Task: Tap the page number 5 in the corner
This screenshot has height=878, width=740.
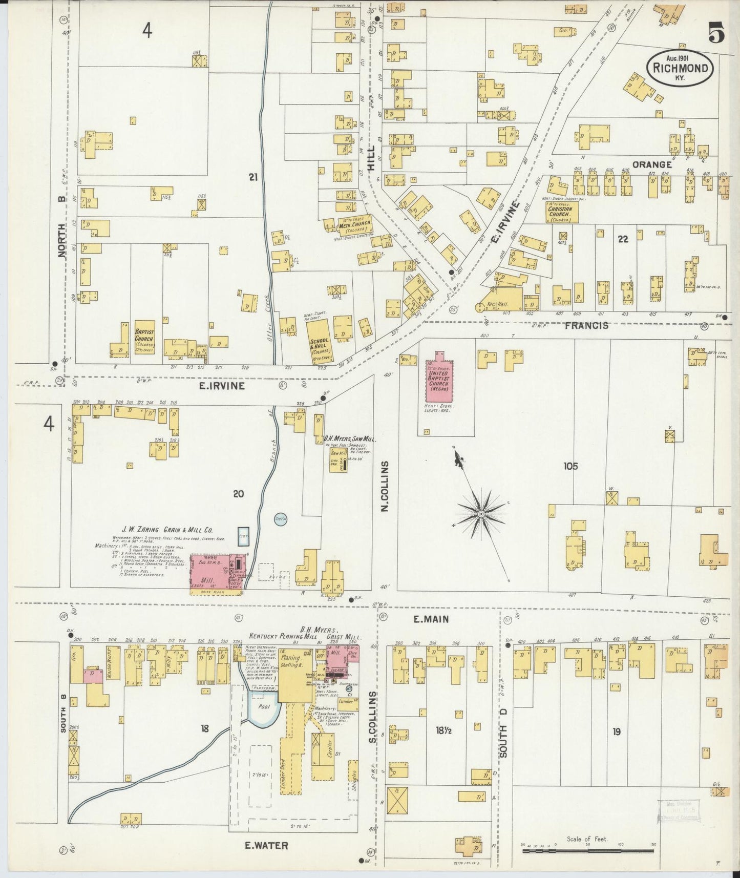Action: (716, 34)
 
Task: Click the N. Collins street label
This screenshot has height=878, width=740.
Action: (385, 487)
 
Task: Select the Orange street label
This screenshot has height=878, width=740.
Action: (651, 164)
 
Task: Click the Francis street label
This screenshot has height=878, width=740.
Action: (587, 325)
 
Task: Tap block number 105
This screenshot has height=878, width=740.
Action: (570, 466)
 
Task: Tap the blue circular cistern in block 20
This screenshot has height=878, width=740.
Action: (280, 519)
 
